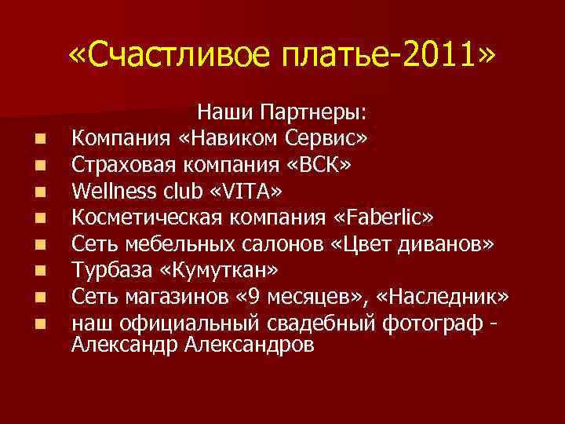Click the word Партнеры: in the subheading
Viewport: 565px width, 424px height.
pyautogui.click(x=322, y=113)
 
